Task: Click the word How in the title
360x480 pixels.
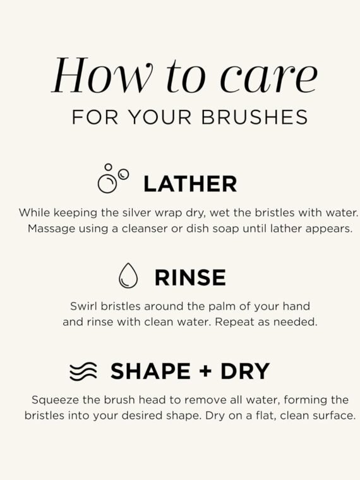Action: tap(102, 75)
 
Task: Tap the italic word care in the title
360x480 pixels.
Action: tap(269, 79)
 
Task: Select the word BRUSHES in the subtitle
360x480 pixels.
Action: tap(255, 117)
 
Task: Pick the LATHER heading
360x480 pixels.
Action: tap(190, 184)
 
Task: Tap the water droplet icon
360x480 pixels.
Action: tap(128, 275)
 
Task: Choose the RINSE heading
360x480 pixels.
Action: tap(190, 278)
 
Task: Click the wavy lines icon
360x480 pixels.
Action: tap(83, 371)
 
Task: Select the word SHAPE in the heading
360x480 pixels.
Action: tap(150, 371)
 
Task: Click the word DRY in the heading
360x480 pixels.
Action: tap(245, 371)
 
